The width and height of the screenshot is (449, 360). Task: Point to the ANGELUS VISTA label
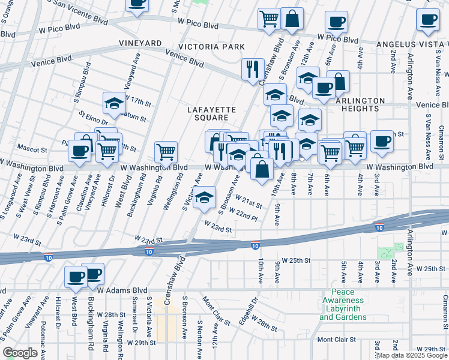pyautogui.click(x=412, y=45)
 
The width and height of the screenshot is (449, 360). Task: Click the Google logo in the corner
pyautogui.click(x=20, y=352)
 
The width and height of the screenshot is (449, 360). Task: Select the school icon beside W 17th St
pyautogui.click(x=114, y=103)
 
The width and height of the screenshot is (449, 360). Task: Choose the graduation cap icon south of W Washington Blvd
pyautogui.click(x=204, y=197)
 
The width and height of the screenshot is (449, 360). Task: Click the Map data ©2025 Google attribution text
pyautogui.click(x=412, y=355)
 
